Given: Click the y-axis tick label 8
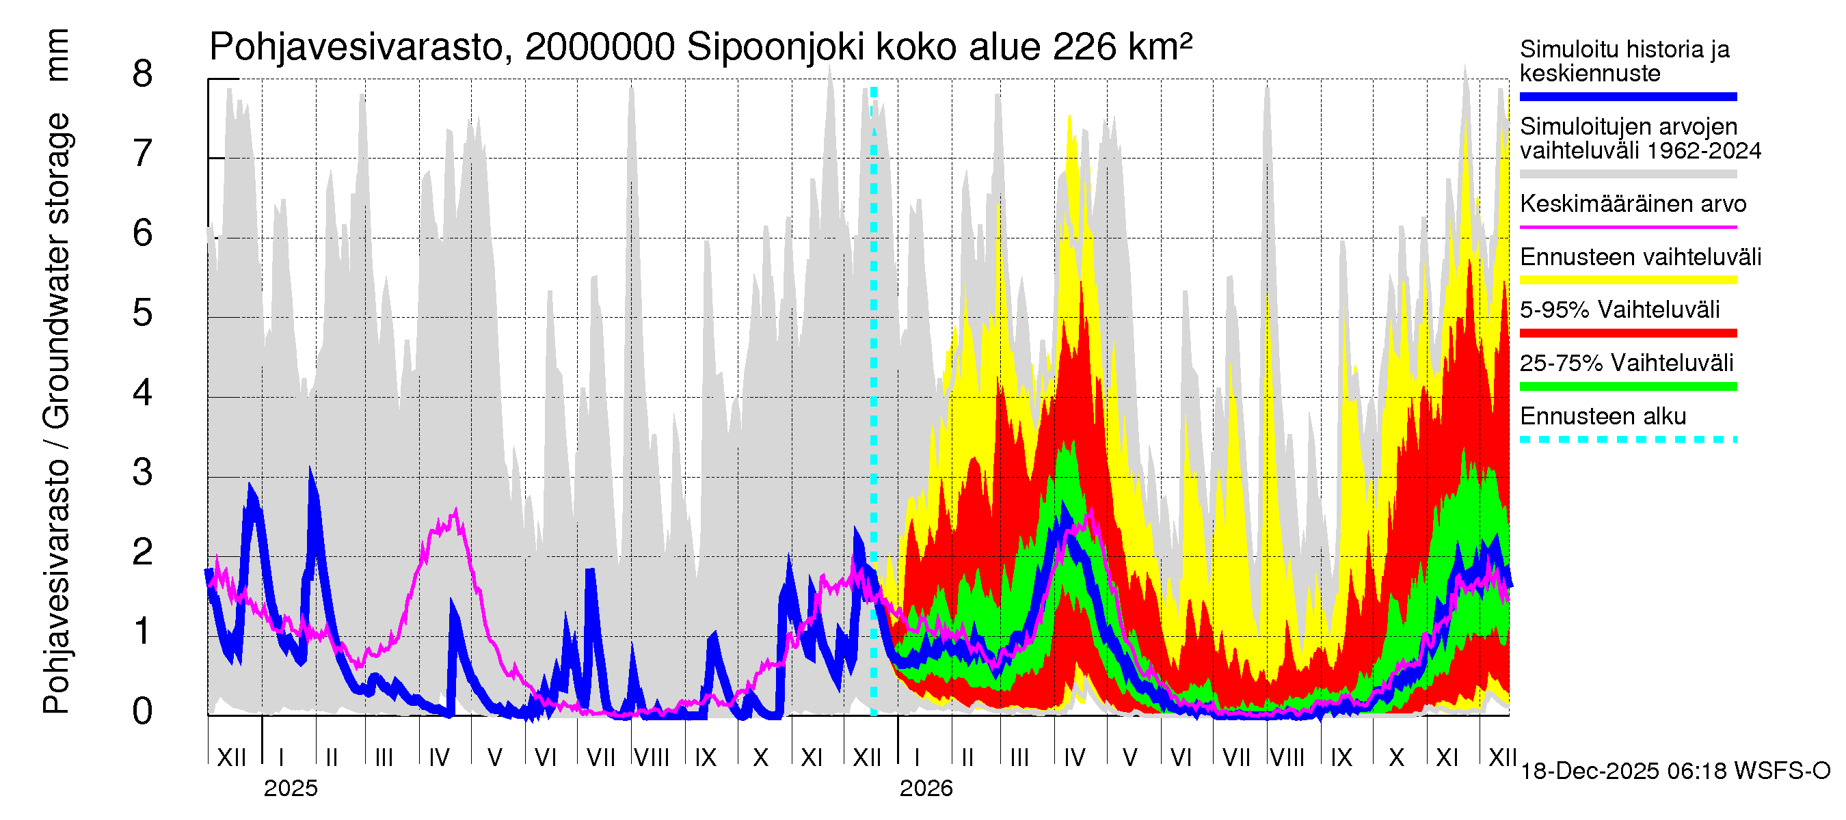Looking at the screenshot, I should (143, 74).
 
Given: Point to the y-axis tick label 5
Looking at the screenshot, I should (143, 314).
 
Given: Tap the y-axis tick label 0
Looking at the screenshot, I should (143, 712).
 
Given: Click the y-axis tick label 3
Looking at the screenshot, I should (143, 473).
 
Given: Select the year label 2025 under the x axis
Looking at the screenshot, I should (290, 789).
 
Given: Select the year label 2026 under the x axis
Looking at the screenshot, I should (926, 789).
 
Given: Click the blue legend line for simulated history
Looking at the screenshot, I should (1627, 96).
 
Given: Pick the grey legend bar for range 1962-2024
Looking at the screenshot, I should (1627, 174).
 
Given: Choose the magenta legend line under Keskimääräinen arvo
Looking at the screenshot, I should (1627, 227).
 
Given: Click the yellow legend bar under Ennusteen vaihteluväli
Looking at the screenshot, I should (1627, 280).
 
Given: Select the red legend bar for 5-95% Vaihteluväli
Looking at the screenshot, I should (1627, 333).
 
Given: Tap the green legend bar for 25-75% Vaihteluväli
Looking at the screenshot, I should (1627, 387).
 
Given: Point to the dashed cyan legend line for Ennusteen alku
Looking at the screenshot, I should (1627, 439).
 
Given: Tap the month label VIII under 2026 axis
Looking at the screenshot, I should (1287, 758).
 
